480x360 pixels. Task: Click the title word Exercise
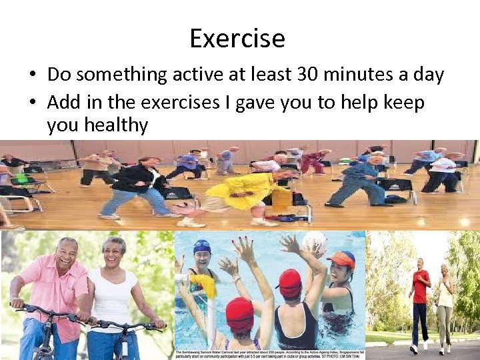click(x=237, y=39)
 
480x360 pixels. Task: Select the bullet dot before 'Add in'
click(x=33, y=103)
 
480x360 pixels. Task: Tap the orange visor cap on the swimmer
click(x=341, y=259)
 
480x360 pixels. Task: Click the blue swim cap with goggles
click(x=201, y=247)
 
